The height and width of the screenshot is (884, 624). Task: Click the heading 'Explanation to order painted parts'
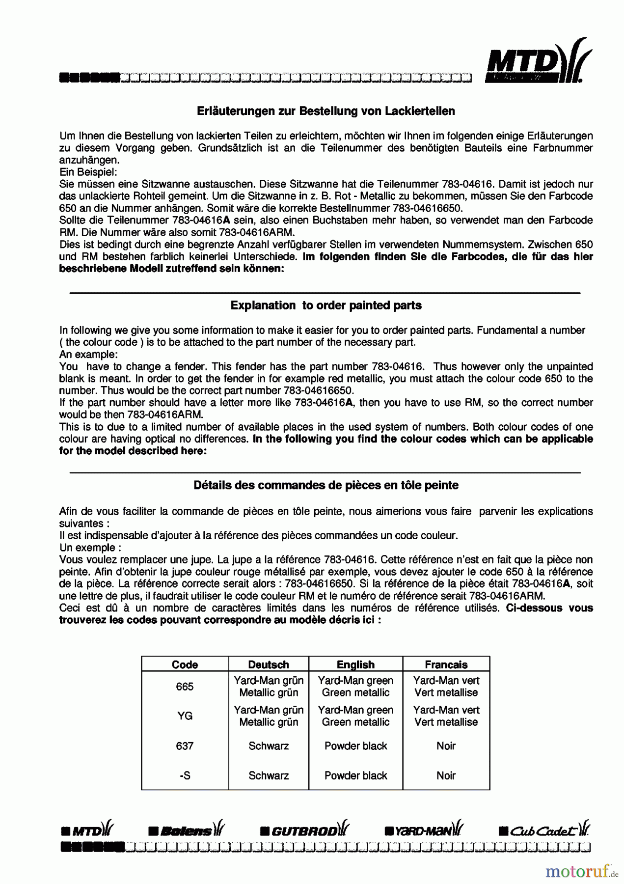coord(326,305)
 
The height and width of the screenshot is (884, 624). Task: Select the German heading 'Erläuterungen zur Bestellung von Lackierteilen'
coord(326,111)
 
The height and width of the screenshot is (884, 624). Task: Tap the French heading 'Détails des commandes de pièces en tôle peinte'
coord(326,485)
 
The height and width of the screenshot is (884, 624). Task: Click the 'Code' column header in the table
coord(185,664)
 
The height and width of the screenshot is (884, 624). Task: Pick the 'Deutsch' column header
coord(269,664)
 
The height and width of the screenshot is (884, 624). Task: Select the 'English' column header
coord(355,664)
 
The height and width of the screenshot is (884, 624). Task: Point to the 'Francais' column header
coord(446,664)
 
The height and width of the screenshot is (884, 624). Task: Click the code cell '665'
coord(185,687)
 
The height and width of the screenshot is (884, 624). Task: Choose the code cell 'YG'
coord(185,716)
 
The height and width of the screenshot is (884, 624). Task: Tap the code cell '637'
coord(185,746)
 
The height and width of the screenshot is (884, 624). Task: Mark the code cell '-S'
coord(185,775)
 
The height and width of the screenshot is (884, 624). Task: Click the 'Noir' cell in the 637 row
coord(446,746)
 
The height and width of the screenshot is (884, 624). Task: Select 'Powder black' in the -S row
coord(355,775)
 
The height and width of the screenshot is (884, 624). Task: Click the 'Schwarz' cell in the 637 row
coord(269,746)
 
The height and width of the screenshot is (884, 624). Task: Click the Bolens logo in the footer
coord(187,830)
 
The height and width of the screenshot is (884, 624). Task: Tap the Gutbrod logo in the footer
coord(304,830)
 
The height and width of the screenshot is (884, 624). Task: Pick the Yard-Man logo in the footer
coord(424,830)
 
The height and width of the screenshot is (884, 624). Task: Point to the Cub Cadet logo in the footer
coord(544,830)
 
